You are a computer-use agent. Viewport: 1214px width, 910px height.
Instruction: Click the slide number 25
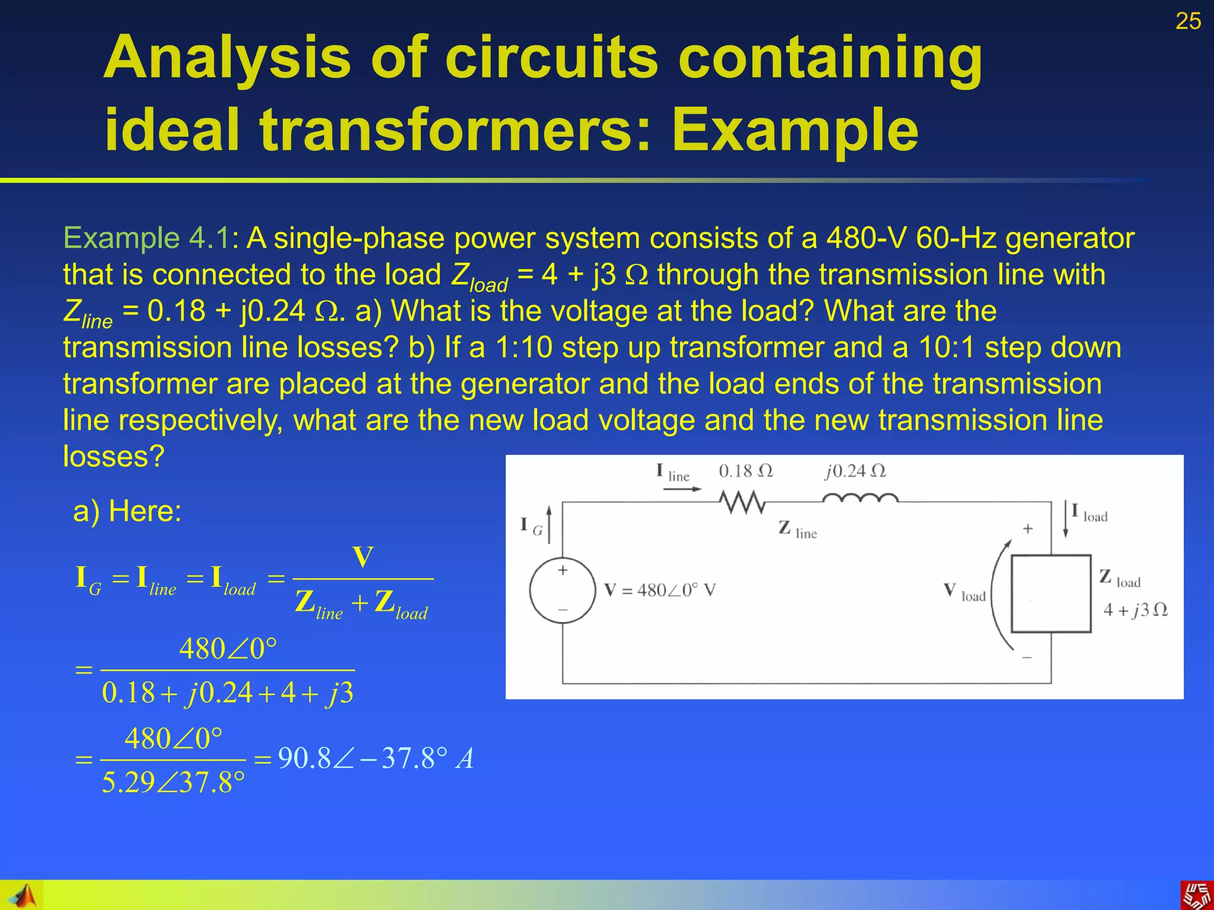click(1187, 21)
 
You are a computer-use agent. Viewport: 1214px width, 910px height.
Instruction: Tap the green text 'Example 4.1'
click(146, 238)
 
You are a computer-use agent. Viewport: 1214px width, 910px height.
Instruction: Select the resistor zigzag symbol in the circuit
click(742, 502)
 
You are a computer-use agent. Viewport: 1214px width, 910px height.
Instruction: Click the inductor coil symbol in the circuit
click(860, 499)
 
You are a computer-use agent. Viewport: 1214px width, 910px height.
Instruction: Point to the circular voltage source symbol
click(563, 590)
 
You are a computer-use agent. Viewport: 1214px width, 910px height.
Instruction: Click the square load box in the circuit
click(1050, 594)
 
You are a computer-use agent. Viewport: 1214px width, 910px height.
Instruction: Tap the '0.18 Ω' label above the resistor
click(745, 471)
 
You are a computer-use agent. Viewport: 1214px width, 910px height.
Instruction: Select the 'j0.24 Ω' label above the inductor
click(854, 471)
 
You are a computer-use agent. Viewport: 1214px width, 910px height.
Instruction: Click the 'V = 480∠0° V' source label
click(660, 590)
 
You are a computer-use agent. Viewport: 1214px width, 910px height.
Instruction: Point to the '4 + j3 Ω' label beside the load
click(1135, 610)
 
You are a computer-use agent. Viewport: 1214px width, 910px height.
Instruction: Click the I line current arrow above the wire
click(682, 489)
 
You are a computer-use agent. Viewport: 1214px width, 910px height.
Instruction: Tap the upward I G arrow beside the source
click(549, 524)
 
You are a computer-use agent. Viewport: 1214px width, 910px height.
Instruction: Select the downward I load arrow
click(1065, 519)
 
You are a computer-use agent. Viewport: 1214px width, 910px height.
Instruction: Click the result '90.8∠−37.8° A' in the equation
click(376, 758)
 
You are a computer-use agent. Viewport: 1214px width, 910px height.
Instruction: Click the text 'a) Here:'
click(127, 511)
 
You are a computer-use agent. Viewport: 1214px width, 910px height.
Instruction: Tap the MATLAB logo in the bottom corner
click(23, 895)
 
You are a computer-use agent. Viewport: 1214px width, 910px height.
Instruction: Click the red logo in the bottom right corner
click(1197, 895)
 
